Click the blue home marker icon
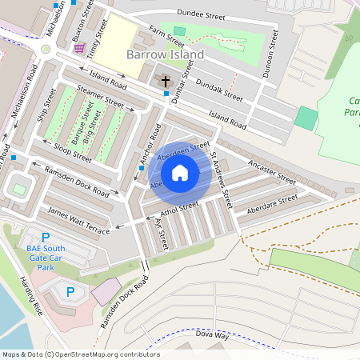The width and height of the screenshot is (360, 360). click(180, 172)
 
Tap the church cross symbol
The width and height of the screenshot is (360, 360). click(166, 81)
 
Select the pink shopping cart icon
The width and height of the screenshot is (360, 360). click(79, 48)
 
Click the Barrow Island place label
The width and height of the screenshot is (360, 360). click(166, 54)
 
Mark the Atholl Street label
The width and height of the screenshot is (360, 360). click(178, 210)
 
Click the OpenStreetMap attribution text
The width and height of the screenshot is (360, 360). click(80, 354)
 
